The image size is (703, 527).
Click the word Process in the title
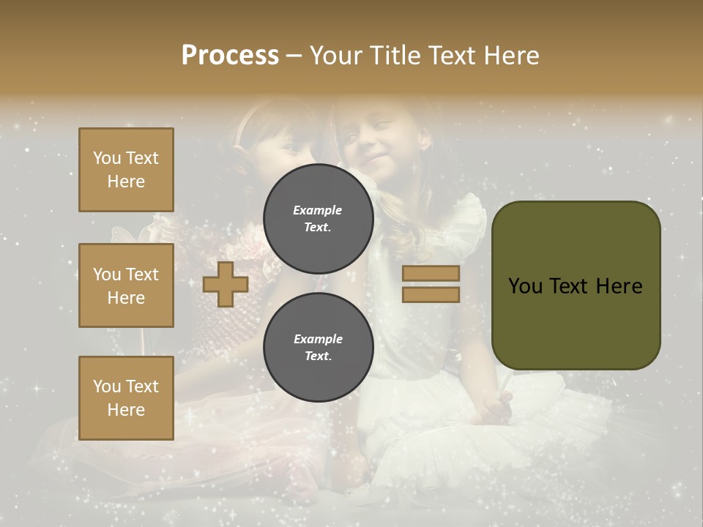pos(230,56)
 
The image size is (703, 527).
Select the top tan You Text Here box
pos(126,170)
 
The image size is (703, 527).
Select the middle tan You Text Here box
pos(126,285)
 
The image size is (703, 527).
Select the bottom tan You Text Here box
pos(126,398)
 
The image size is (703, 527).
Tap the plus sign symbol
pos(226,284)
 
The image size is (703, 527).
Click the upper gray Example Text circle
pos(318,219)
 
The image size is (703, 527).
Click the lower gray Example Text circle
pos(318,348)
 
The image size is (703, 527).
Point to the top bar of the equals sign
pos(431,273)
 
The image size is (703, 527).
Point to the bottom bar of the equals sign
pos(431,294)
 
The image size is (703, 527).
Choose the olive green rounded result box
pos(576,285)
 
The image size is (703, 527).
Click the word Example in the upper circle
pos(318,210)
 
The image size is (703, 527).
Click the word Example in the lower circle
pos(318,339)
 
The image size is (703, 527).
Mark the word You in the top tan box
pos(107,158)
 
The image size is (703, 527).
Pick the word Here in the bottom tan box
pos(126,410)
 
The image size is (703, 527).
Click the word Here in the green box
pos(619,286)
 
